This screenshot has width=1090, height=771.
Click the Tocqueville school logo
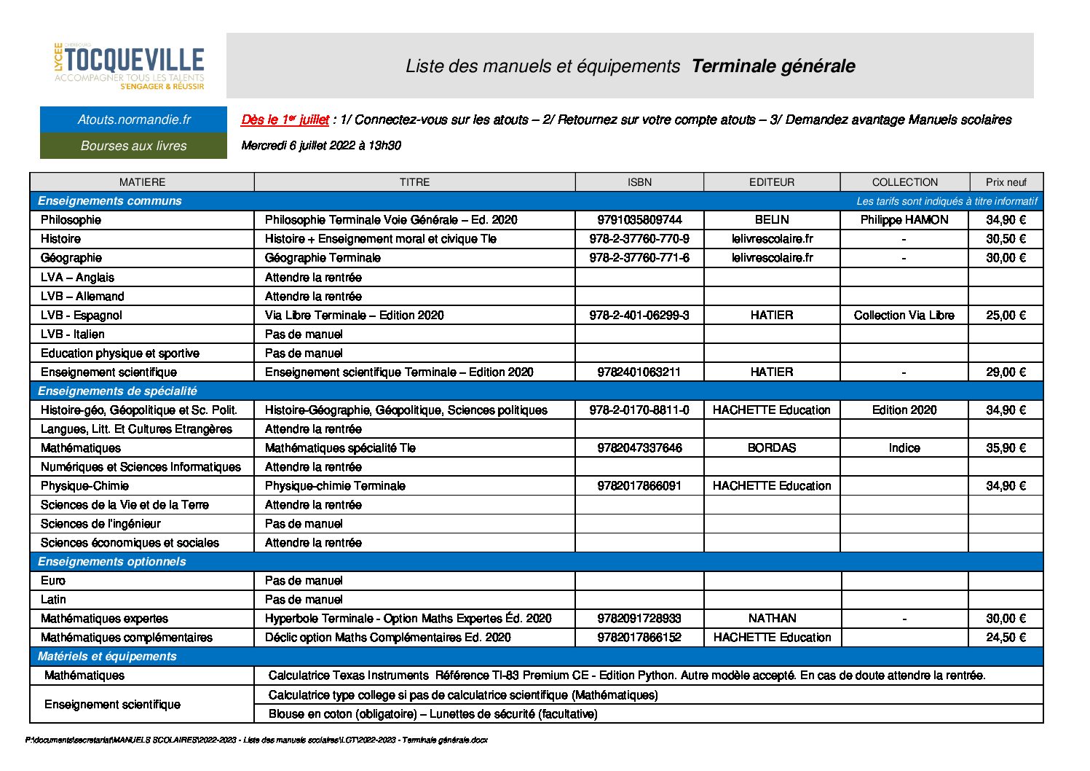pos(130,66)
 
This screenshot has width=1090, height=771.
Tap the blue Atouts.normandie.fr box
pos(134,120)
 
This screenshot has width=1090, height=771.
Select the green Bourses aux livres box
pos(134,146)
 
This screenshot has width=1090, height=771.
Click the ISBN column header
pos(639,182)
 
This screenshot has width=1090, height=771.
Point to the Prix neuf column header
pos(1006,182)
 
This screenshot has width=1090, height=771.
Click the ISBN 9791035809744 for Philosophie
pos(639,220)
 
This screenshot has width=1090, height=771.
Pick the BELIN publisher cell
pos(772,220)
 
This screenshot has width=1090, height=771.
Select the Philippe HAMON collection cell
pos(904,220)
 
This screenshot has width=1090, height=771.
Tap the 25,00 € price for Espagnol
pos(1006,316)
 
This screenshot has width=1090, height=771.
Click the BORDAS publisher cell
pos(772,448)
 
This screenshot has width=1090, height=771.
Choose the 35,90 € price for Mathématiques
pos(1006,448)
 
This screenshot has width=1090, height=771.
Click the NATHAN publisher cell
pos(772,619)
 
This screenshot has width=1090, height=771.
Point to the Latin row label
pos(53,600)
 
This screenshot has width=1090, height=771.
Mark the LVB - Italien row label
pos(73,334)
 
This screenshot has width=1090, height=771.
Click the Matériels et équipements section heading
pos(107,657)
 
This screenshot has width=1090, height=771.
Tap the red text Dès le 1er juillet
pos(285,120)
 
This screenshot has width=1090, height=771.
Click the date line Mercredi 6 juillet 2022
pos(320,146)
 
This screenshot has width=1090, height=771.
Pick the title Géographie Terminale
pos(323,258)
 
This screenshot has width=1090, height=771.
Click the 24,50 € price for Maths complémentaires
pos(1006,638)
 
